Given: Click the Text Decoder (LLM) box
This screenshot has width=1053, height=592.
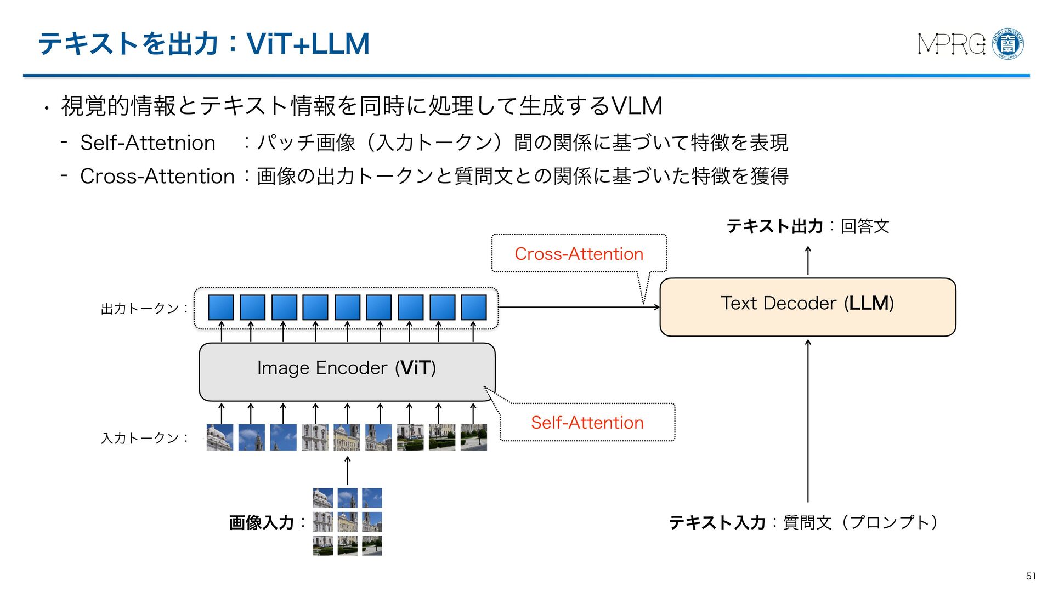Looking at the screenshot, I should (x=807, y=307).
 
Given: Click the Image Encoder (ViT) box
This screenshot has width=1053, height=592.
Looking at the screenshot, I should (x=347, y=371).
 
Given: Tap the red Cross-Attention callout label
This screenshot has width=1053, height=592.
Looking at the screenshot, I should (x=579, y=254).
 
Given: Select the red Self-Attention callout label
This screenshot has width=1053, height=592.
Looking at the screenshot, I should (x=587, y=423).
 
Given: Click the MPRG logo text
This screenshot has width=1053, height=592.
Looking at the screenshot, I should (x=952, y=44).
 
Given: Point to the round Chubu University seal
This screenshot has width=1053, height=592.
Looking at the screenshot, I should (x=1008, y=44).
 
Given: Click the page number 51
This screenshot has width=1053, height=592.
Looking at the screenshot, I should (x=1031, y=576).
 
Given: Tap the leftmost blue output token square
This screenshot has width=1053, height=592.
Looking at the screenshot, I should (x=221, y=308).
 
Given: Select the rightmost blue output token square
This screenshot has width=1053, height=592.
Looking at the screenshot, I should (x=474, y=308).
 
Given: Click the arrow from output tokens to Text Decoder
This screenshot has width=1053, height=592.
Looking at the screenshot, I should (x=579, y=307).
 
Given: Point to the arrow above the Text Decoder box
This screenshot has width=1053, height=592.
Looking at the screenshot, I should (x=808, y=260).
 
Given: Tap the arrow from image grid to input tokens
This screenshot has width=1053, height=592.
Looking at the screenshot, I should (x=347, y=470).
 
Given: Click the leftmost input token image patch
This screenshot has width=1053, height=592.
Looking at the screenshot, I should (x=220, y=437).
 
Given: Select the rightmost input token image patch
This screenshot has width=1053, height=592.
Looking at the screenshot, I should (x=474, y=437).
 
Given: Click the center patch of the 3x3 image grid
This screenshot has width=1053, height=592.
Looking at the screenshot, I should (x=347, y=522).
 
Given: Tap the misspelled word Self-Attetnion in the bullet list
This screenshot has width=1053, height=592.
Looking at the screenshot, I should (x=148, y=143).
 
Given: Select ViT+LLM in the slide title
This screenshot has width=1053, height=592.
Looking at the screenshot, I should (x=308, y=44).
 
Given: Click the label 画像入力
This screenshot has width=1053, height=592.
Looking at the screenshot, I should (x=261, y=522).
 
